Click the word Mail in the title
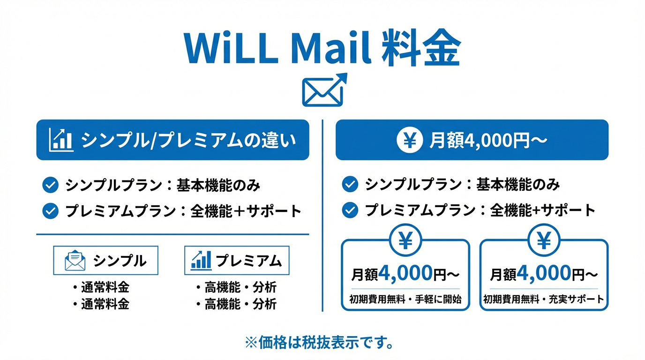point(331,47)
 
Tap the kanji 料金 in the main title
point(421,47)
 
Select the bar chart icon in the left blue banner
point(61,140)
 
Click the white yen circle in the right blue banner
point(410,140)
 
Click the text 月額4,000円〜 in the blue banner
point(488,141)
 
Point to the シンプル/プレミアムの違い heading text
point(188,141)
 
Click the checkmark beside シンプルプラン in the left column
point(51,185)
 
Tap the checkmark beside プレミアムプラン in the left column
point(51,211)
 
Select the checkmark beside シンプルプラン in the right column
point(350,184)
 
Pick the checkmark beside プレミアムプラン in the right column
point(350,210)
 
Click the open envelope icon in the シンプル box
point(75,260)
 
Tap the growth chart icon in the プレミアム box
point(201,260)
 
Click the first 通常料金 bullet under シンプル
point(101,287)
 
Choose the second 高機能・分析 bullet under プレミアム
point(236,304)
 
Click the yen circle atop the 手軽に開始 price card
point(405,240)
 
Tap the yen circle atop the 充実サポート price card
point(544,240)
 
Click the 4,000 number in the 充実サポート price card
point(544,273)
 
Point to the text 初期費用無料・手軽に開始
point(405,300)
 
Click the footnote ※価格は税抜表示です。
point(319,343)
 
